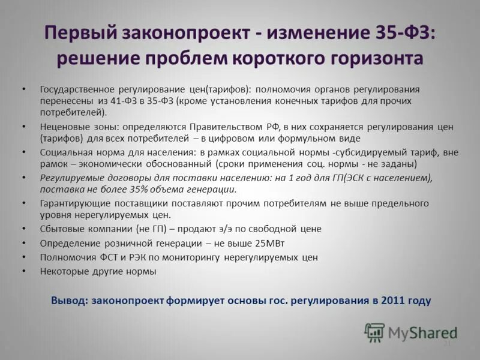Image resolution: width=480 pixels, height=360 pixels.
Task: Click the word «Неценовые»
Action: point(64,127)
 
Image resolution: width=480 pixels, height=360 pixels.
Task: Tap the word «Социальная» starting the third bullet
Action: point(65,152)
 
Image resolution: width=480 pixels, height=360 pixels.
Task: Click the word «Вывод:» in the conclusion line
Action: point(69,301)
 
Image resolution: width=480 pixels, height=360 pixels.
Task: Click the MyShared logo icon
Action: point(375,332)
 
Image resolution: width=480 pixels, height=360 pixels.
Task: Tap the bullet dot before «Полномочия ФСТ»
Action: point(23,257)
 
